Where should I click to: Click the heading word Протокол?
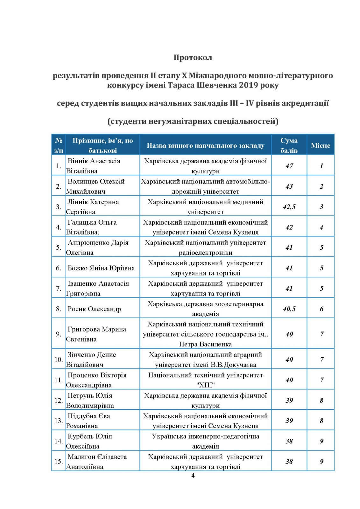193,58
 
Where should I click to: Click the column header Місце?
320,145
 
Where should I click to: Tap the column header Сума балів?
289,145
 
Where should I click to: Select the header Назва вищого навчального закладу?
205,145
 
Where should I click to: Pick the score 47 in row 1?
289,166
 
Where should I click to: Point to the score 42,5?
289,207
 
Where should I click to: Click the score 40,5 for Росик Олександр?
289,309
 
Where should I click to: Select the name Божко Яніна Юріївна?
101,268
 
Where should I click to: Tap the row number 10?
59,360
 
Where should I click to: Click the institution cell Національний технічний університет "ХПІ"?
205,380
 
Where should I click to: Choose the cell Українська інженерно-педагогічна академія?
205,441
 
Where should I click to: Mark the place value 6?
321,309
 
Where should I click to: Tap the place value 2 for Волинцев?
321,186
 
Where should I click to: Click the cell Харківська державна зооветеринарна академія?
205,309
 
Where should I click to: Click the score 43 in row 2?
289,186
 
